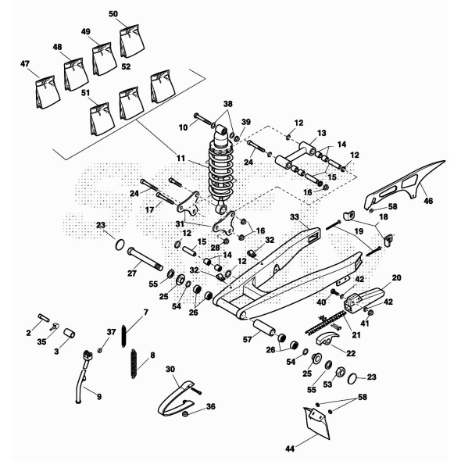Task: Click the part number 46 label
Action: (x=428, y=201)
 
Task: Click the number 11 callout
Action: (x=180, y=159)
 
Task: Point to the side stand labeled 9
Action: (x=83, y=377)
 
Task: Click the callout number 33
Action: (x=295, y=217)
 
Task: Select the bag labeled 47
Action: (x=47, y=92)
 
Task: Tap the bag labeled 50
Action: (x=132, y=41)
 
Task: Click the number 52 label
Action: (x=126, y=66)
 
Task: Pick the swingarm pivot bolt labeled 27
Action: (x=145, y=259)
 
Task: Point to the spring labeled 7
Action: (x=124, y=336)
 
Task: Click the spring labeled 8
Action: (x=134, y=363)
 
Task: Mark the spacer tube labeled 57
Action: (x=264, y=327)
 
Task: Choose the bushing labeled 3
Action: (x=69, y=334)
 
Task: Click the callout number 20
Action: (x=396, y=277)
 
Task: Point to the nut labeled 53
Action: (x=338, y=372)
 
